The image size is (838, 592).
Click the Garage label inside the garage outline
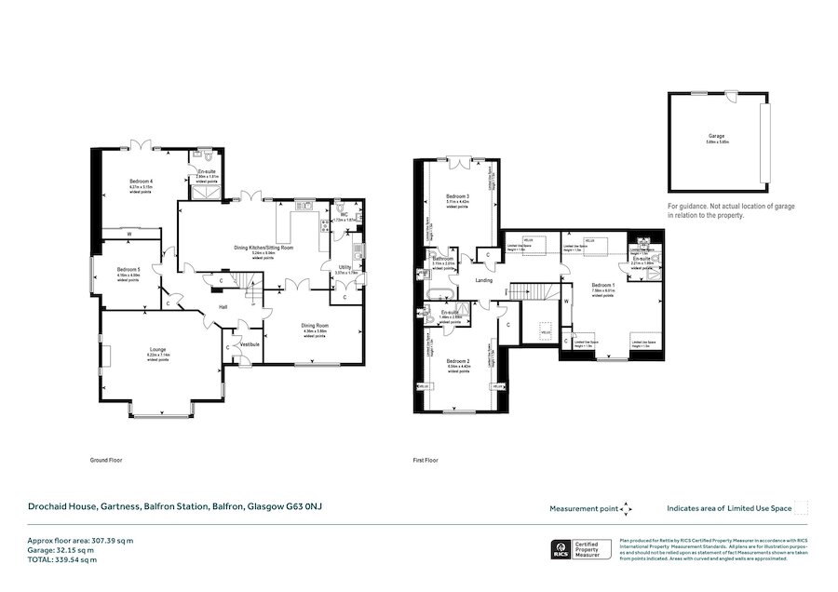[715, 136]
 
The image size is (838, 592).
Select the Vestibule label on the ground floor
[250, 344]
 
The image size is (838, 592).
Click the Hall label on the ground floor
[223, 306]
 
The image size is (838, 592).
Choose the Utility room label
[345, 267]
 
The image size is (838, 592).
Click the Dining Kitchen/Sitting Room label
[264, 249]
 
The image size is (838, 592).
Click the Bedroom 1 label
[603, 285]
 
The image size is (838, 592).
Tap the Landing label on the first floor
[483, 279]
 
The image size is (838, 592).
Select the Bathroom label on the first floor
[443, 258]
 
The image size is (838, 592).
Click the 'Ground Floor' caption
[106, 460]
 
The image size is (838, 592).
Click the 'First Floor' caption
[426, 460]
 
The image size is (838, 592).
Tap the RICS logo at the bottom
[562, 549]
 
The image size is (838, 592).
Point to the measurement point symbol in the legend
[626, 508]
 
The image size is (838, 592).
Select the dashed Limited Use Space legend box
[801, 508]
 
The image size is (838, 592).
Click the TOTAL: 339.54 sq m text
[61, 559]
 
